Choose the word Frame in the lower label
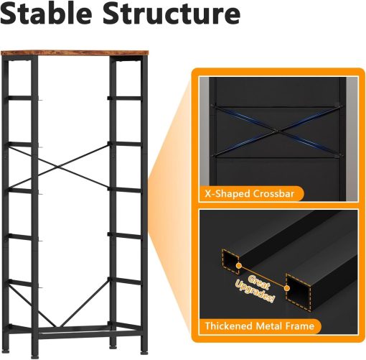pyautogui.click(x=300, y=327)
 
